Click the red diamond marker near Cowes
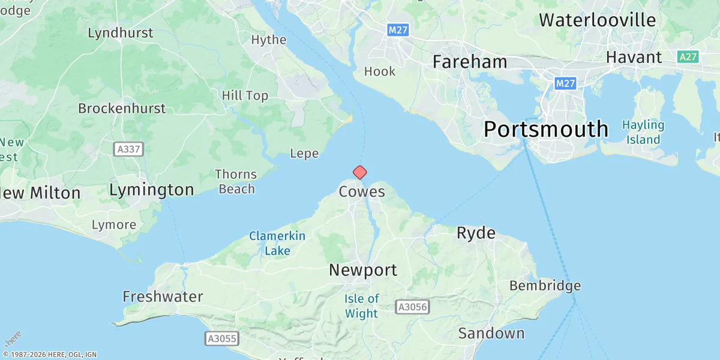[359, 173]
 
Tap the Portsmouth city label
[546, 130]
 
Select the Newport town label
[363, 270]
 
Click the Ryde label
[476, 233]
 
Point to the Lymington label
[152, 190]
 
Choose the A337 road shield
[129, 149]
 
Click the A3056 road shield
[413, 307]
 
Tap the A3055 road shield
[222, 338]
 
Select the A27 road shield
[688, 57]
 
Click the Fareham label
[470, 62]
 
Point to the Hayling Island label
[643, 133]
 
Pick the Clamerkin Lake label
[277, 244]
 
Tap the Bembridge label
[545, 286]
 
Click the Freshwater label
[163, 296]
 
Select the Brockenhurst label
[122, 109]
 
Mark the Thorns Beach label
[236, 182]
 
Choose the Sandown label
[491, 333]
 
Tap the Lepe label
[304, 154]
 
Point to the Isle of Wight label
[362, 306]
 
